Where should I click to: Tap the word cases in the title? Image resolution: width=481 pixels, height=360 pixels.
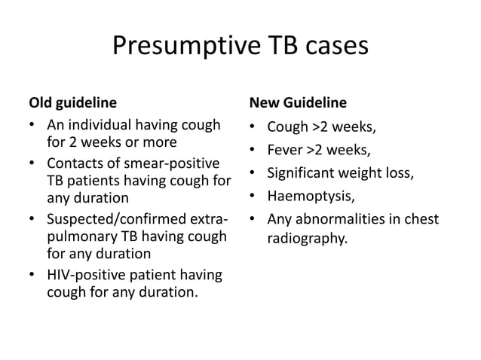(x=332, y=47)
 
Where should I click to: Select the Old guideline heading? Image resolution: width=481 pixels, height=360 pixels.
(x=72, y=101)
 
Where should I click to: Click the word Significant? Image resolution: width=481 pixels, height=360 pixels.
(x=304, y=174)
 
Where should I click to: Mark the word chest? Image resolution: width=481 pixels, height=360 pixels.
(x=421, y=221)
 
